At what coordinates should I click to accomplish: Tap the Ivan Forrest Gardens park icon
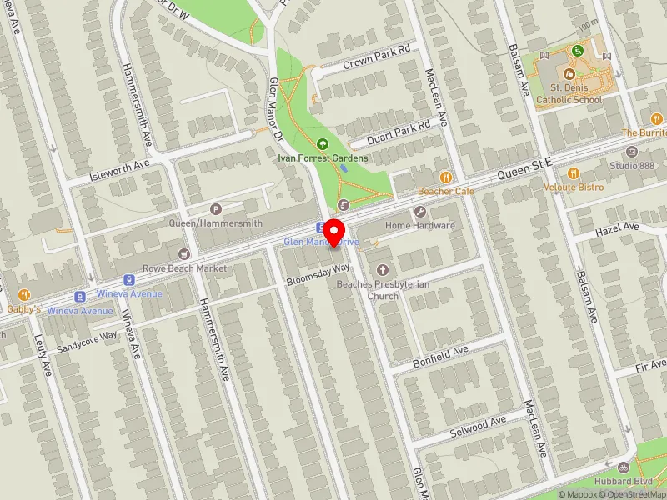323,144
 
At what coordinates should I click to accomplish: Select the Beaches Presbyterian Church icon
383,269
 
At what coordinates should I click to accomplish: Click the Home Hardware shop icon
419,212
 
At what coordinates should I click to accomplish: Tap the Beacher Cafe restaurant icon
446,177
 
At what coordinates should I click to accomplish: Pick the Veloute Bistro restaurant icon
574,173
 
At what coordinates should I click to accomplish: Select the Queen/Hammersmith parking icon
216,209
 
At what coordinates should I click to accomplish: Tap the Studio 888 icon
631,152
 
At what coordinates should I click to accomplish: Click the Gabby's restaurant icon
24,294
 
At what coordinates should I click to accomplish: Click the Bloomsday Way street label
318,275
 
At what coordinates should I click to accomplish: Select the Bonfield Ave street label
441,357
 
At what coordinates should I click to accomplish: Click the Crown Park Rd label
378,56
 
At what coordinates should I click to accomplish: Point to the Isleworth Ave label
118,170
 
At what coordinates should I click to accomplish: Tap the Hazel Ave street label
617,227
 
